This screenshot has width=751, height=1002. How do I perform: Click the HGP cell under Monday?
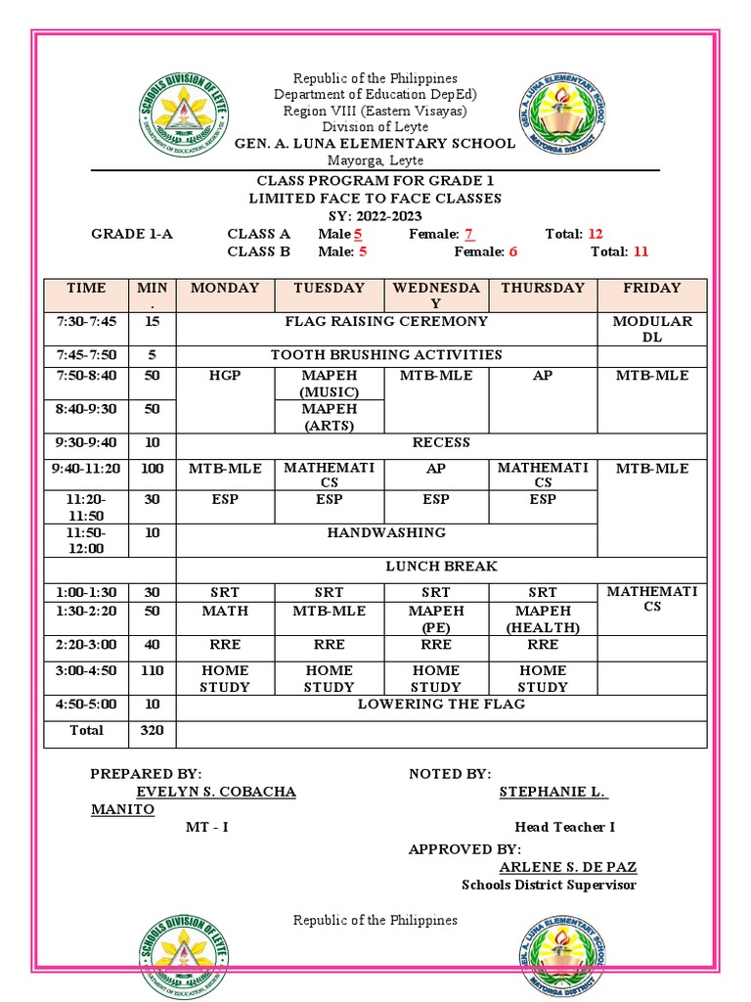click(x=223, y=376)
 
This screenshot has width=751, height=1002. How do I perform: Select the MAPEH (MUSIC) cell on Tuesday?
click(x=329, y=384)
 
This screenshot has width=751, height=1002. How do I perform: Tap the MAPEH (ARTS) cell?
click(x=329, y=417)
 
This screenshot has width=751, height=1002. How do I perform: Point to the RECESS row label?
click(x=440, y=442)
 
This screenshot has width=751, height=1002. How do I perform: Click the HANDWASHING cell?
click(x=385, y=532)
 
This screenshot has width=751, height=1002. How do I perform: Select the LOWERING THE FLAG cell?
click(x=440, y=705)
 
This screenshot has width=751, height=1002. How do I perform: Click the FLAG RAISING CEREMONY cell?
click(x=385, y=322)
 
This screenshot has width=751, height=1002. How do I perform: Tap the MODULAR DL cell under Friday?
click(x=651, y=329)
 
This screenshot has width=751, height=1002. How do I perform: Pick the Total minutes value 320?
click(x=152, y=731)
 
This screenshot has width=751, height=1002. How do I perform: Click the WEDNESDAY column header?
click(x=436, y=296)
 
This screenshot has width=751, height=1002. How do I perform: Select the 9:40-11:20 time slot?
click(x=86, y=469)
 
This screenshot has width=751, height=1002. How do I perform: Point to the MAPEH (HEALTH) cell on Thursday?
click(x=543, y=618)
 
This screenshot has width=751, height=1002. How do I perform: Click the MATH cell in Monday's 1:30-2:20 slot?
click(x=225, y=612)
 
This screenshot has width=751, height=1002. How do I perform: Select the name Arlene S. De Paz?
click(x=567, y=867)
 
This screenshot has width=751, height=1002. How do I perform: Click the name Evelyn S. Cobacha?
click(x=216, y=792)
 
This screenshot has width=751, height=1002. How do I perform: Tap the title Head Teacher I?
click(x=564, y=827)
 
